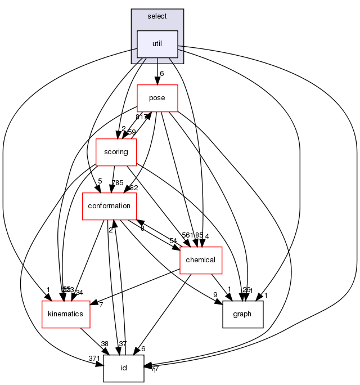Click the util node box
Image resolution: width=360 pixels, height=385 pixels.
(157, 44)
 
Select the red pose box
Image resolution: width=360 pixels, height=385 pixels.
(157, 98)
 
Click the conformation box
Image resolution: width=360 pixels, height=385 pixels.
(110, 206)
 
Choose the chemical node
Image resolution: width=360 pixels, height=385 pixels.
(200, 260)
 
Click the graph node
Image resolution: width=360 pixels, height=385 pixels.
(244, 314)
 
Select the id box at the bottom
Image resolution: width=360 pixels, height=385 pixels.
(123, 368)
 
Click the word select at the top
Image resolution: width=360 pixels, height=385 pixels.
(157, 16)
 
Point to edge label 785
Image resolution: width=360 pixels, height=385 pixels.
(117, 182)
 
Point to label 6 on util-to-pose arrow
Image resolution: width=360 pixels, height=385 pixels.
(161, 74)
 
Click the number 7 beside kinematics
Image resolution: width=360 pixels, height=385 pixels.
(101, 305)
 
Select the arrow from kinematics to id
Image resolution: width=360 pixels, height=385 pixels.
(93, 341)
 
